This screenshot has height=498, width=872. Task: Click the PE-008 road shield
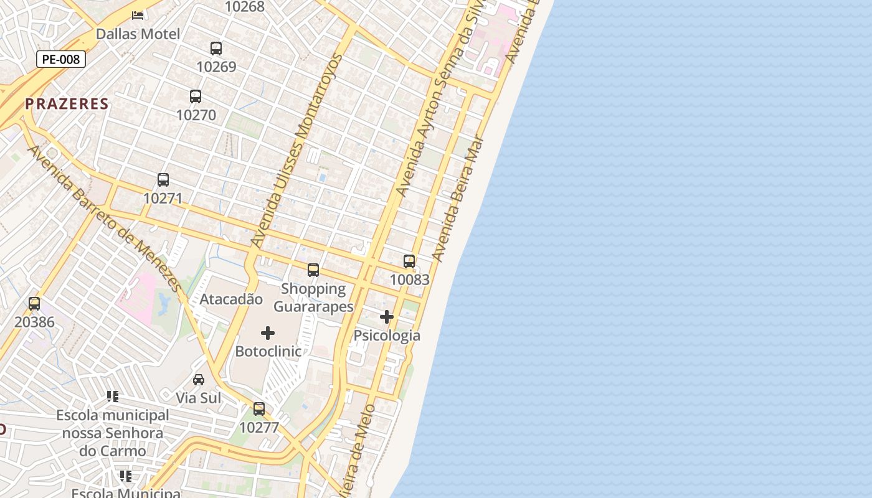60,60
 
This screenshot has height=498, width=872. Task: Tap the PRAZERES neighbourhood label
67,104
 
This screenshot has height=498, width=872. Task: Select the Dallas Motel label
138,34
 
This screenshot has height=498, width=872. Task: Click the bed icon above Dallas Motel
138,15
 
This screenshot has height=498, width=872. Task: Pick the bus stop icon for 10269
216,48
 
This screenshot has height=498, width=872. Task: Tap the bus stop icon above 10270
196,96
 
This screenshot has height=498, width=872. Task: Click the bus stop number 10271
163,198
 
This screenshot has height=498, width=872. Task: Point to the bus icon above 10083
409,261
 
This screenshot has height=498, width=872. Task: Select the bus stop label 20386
34,322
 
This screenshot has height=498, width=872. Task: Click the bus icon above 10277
259,409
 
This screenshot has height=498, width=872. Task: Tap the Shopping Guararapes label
313,298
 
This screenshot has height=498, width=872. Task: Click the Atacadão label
231,299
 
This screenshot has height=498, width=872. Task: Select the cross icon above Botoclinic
268,333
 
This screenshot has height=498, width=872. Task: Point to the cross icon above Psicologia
387,317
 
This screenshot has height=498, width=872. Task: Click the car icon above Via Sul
199,379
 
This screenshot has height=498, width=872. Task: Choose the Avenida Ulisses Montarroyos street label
296,151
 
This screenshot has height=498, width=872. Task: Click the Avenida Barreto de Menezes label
104,218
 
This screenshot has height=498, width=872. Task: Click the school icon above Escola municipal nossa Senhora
113,396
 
